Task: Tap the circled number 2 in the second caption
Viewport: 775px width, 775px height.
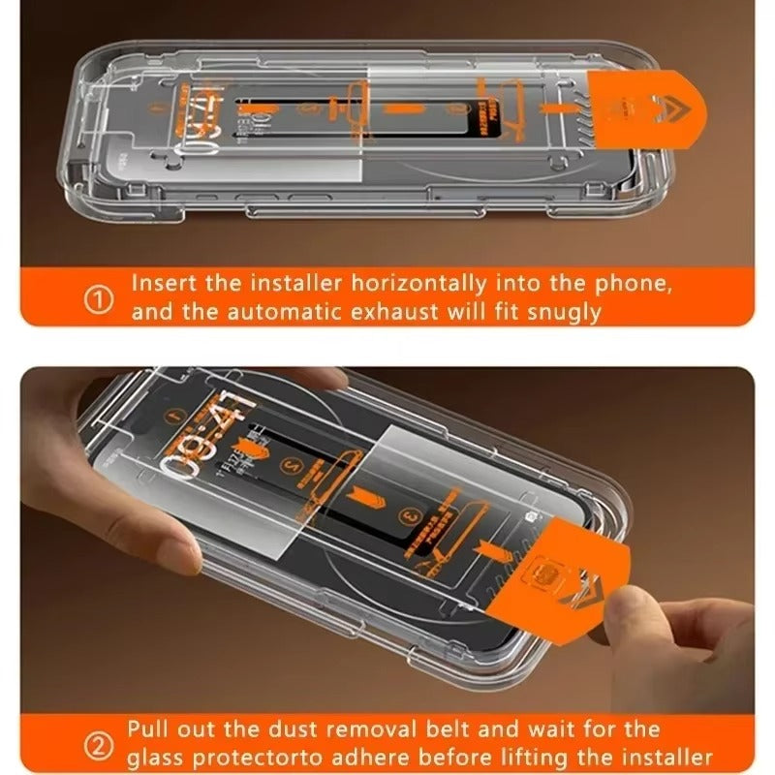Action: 98,743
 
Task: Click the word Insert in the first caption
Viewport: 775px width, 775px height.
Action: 162,285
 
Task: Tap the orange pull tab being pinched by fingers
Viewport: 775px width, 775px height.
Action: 552,581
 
